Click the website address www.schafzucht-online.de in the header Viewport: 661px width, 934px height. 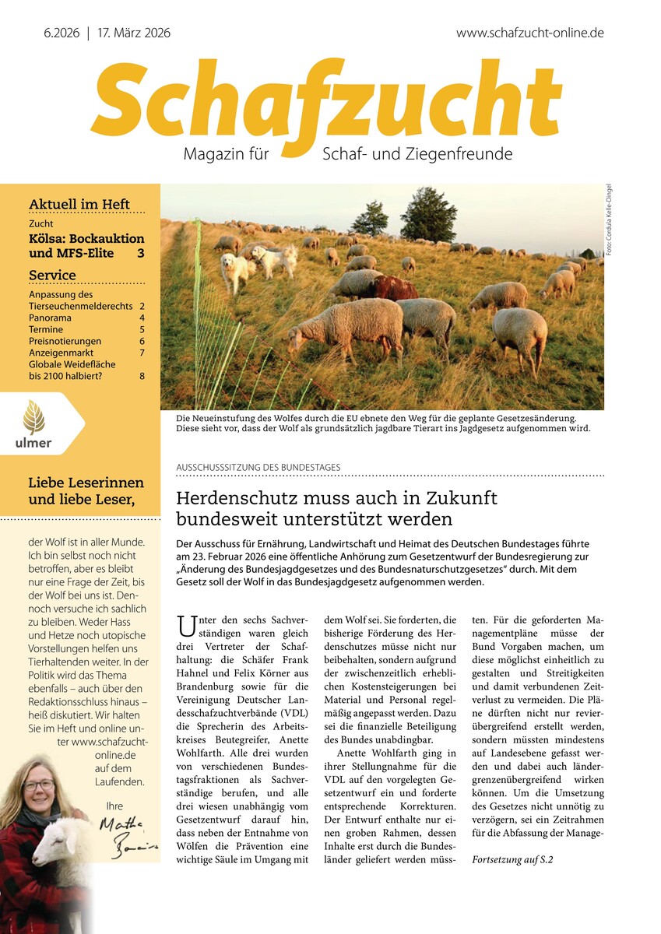coord(529,33)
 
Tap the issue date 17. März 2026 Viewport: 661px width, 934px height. coord(134,33)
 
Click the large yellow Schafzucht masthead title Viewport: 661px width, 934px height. coord(325,101)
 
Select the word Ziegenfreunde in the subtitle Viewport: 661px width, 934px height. coord(459,154)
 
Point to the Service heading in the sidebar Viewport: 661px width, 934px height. coord(52,275)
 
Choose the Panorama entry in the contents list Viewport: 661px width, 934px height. coord(50,318)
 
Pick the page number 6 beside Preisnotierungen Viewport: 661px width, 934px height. coord(142,341)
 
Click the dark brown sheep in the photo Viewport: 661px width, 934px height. coord(392,288)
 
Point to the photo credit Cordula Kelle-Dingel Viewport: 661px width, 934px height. coord(610,219)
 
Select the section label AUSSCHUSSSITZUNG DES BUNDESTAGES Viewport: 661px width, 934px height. coord(258,467)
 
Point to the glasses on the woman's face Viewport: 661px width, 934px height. coord(38,785)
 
